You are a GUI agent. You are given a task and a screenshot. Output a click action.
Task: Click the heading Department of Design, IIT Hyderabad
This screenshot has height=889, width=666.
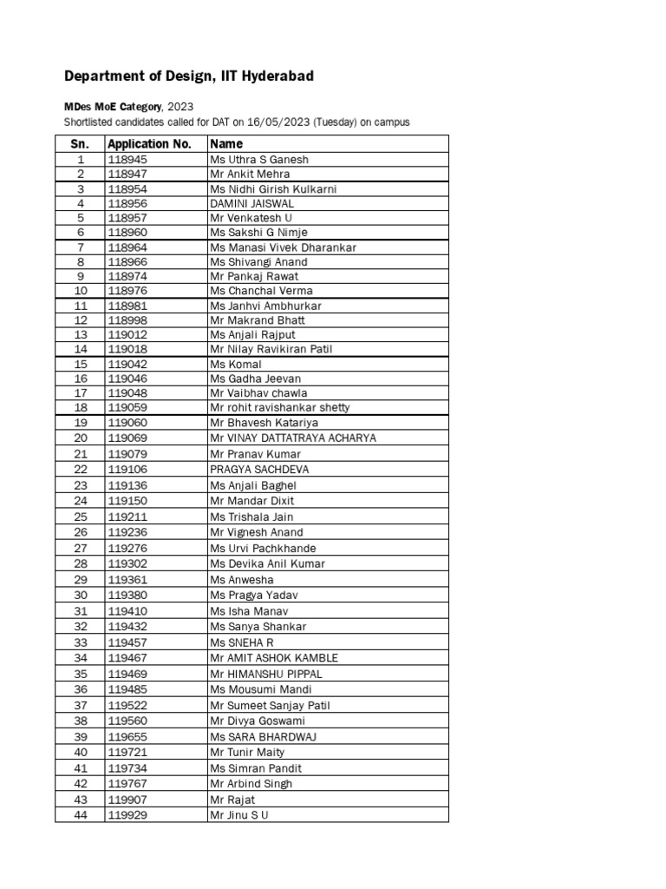pyautogui.click(x=189, y=76)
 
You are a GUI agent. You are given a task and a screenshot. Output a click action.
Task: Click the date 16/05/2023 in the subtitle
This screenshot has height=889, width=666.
pyautogui.click(x=289, y=122)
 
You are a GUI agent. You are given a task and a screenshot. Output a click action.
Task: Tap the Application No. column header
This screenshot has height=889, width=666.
pyautogui.click(x=148, y=144)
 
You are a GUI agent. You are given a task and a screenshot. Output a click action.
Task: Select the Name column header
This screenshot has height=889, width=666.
pyautogui.click(x=226, y=144)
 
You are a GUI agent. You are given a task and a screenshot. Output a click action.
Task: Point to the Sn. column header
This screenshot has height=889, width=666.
pyautogui.click(x=81, y=144)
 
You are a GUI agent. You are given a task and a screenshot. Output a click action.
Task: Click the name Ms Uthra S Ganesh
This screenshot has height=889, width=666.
pyautogui.click(x=258, y=160)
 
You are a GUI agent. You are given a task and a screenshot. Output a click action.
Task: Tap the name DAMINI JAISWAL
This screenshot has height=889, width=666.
pyautogui.click(x=251, y=203)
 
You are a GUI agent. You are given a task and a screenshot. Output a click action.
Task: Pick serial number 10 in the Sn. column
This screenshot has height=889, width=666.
pyautogui.click(x=81, y=291)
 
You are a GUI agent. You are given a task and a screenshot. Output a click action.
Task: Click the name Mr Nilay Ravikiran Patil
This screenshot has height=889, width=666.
pyautogui.click(x=271, y=349)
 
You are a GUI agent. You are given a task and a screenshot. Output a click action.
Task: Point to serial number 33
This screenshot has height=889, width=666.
pyautogui.click(x=81, y=642)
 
